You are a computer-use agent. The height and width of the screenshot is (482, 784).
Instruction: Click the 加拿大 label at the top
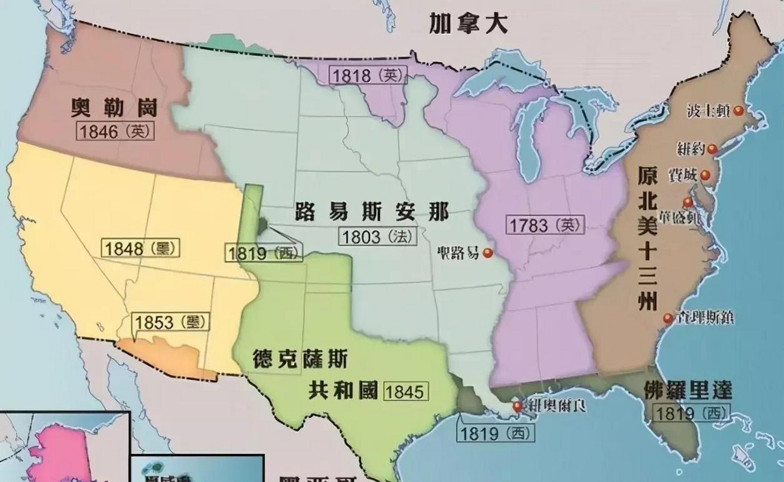coord(468,23)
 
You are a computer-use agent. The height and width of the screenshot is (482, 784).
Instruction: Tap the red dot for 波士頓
coord(738,111)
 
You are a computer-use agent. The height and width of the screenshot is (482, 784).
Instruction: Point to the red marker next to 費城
coord(705,175)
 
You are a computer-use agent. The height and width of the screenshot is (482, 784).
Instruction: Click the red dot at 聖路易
coord(488,253)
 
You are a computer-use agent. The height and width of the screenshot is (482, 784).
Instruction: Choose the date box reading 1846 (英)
coord(115,131)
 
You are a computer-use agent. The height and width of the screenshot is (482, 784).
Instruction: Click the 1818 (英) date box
coord(368,75)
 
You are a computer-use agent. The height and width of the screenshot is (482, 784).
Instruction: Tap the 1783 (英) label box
coord(545,225)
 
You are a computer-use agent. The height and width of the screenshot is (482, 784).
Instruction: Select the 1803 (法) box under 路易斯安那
coord(378,237)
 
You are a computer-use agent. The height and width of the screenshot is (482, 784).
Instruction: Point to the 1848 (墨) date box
coord(140,249)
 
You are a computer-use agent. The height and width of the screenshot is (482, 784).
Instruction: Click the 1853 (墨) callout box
coord(170,322)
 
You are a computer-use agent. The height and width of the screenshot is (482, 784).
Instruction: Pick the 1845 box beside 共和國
coord(406,392)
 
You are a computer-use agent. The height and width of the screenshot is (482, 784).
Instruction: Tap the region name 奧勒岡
coord(114,108)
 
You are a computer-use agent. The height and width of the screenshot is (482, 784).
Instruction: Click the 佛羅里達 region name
coord(688,390)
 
